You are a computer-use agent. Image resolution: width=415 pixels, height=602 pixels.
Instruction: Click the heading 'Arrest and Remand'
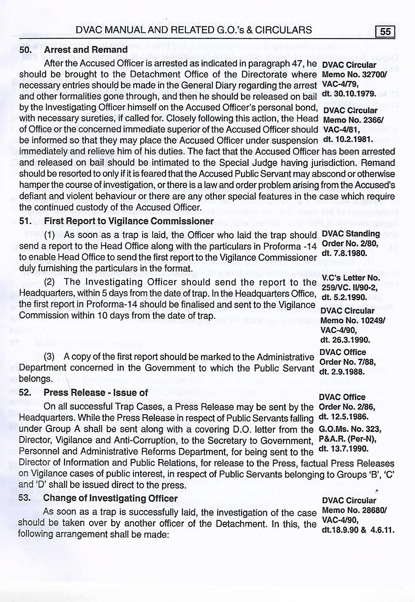point(86,49)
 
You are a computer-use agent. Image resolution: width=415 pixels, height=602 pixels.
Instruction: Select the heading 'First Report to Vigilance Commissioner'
point(129,221)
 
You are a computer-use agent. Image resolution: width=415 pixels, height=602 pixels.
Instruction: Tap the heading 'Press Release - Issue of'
point(96,392)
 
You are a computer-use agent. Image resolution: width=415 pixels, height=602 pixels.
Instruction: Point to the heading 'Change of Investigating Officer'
point(111,498)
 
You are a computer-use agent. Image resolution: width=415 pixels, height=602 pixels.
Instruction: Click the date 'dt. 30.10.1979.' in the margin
point(348,94)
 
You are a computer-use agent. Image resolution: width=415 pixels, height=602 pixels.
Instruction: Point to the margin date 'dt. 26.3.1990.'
point(345,340)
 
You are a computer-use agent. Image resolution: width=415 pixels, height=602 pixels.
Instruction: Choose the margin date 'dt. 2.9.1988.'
point(342,372)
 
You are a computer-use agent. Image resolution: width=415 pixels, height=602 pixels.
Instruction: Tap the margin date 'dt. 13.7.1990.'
point(343,449)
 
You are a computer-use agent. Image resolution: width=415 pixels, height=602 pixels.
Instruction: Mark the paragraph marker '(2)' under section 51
point(50,282)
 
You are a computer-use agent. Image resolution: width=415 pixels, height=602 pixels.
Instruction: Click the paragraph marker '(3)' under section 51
point(50,356)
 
